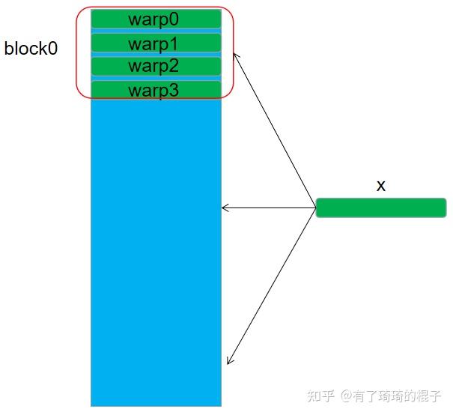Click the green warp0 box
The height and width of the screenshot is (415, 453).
[x=156, y=19]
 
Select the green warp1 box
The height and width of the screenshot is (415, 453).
[x=156, y=43]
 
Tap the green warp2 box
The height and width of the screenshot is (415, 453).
[x=156, y=66]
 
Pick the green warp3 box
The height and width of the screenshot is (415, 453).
[x=156, y=90]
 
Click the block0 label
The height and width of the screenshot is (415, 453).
[x=31, y=49]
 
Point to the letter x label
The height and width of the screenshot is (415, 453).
[x=380, y=185]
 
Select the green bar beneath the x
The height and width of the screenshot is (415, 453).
[x=380, y=207]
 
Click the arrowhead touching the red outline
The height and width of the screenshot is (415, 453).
[x=236, y=55]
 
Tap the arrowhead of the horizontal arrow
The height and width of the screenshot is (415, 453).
[x=225, y=207]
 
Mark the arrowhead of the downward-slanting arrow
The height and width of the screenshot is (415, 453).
[x=229, y=361]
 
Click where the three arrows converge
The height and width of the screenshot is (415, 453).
[x=314, y=207]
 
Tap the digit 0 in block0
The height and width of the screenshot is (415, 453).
[x=52, y=49]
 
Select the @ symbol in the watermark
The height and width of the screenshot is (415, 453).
[x=347, y=395]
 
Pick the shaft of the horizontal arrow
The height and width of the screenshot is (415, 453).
[x=270, y=207]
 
